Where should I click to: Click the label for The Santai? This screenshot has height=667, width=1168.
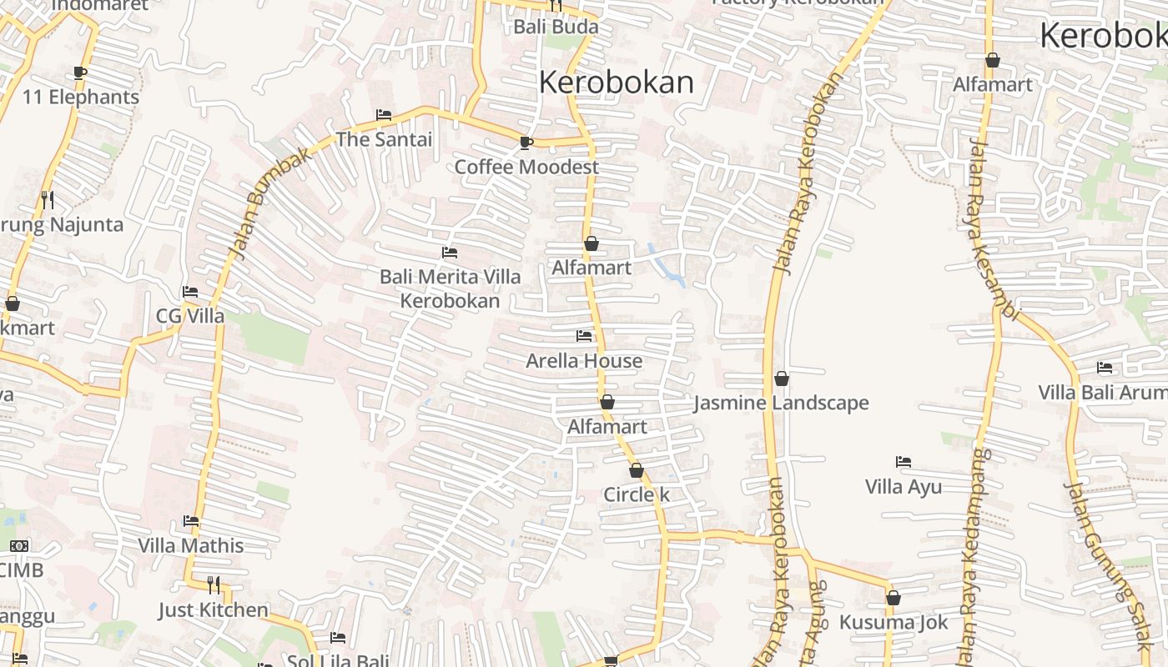click(x=384, y=139)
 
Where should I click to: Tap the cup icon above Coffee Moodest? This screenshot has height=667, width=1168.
click(x=526, y=143)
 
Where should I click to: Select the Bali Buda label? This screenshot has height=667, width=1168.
click(x=556, y=27)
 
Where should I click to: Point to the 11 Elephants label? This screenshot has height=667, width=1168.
click(x=81, y=98)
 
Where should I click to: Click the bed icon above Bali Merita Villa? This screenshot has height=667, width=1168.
click(x=450, y=252)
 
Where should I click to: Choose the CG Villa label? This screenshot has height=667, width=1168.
click(x=190, y=316)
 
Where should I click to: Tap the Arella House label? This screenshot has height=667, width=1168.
click(x=584, y=361)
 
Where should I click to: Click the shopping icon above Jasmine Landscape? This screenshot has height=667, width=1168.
click(x=782, y=379)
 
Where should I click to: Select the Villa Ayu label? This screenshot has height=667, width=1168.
click(x=904, y=487)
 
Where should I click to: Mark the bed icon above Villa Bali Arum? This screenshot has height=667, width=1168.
click(x=1105, y=367)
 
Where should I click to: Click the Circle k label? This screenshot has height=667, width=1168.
click(x=637, y=494)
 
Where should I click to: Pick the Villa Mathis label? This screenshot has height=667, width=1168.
click(x=191, y=546)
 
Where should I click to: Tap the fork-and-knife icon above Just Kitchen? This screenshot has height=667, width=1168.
click(x=214, y=584)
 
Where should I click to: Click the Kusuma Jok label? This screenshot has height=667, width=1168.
click(x=894, y=623)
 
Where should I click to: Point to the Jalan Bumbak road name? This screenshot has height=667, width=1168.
click(x=271, y=202)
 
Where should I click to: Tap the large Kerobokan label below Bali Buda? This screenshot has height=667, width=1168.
click(x=617, y=83)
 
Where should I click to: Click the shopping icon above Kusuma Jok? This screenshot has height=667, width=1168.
click(x=894, y=598)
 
